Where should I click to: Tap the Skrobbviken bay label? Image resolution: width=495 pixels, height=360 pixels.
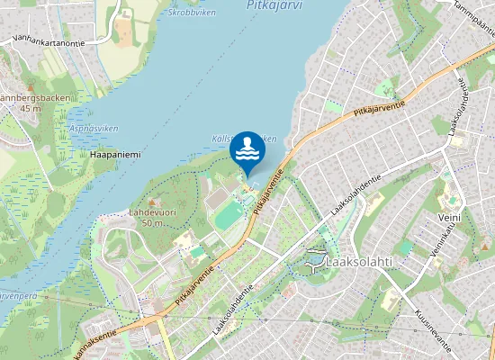point(193,13)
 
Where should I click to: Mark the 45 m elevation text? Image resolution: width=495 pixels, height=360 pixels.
point(31,109)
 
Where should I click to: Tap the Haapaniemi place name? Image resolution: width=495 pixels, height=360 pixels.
point(116,155)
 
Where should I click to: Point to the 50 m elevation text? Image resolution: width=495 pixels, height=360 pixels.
point(151,223)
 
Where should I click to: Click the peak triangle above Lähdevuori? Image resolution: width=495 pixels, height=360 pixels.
point(150,202)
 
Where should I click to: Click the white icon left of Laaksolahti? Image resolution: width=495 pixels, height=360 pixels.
point(315,262)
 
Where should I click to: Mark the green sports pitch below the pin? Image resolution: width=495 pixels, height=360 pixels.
point(229,215)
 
